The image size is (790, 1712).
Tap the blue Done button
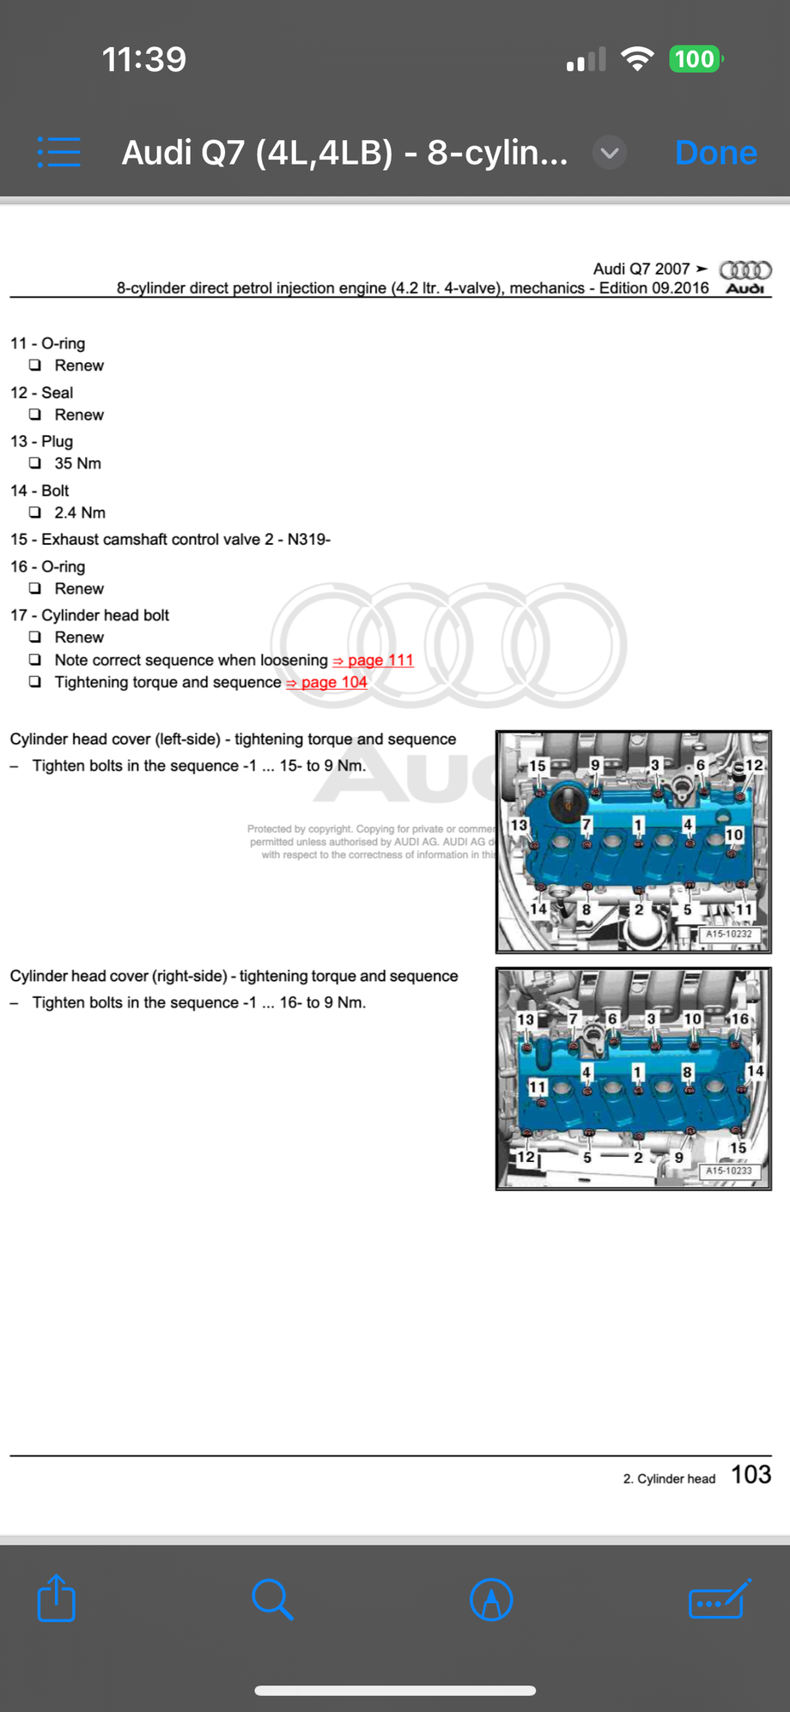(x=715, y=153)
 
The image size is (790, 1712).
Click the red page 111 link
(x=374, y=660)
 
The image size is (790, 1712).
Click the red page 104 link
(x=327, y=682)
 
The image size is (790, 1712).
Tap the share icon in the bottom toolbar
(x=57, y=1598)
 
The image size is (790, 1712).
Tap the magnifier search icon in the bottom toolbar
(x=272, y=1599)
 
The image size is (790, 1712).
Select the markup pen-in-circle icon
(x=491, y=1600)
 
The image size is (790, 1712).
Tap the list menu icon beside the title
(x=59, y=153)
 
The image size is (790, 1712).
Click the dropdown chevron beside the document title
(x=610, y=153)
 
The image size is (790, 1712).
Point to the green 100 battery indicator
(x=694, y=59)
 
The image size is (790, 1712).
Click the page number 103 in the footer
(x=750, y=1474)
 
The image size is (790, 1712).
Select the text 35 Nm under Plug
(x=77, y=463)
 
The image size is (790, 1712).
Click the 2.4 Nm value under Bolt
(x=79, y=512)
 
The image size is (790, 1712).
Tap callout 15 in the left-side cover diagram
(x=538, y=765)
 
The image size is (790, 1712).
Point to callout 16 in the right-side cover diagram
(x=739, y=1019)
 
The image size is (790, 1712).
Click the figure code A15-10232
(x=728, y=934)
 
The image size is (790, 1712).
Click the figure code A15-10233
(x=728, y=1171)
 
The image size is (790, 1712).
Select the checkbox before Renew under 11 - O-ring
(x=35, y=365)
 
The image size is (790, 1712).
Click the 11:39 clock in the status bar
(x=143, y=59)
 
